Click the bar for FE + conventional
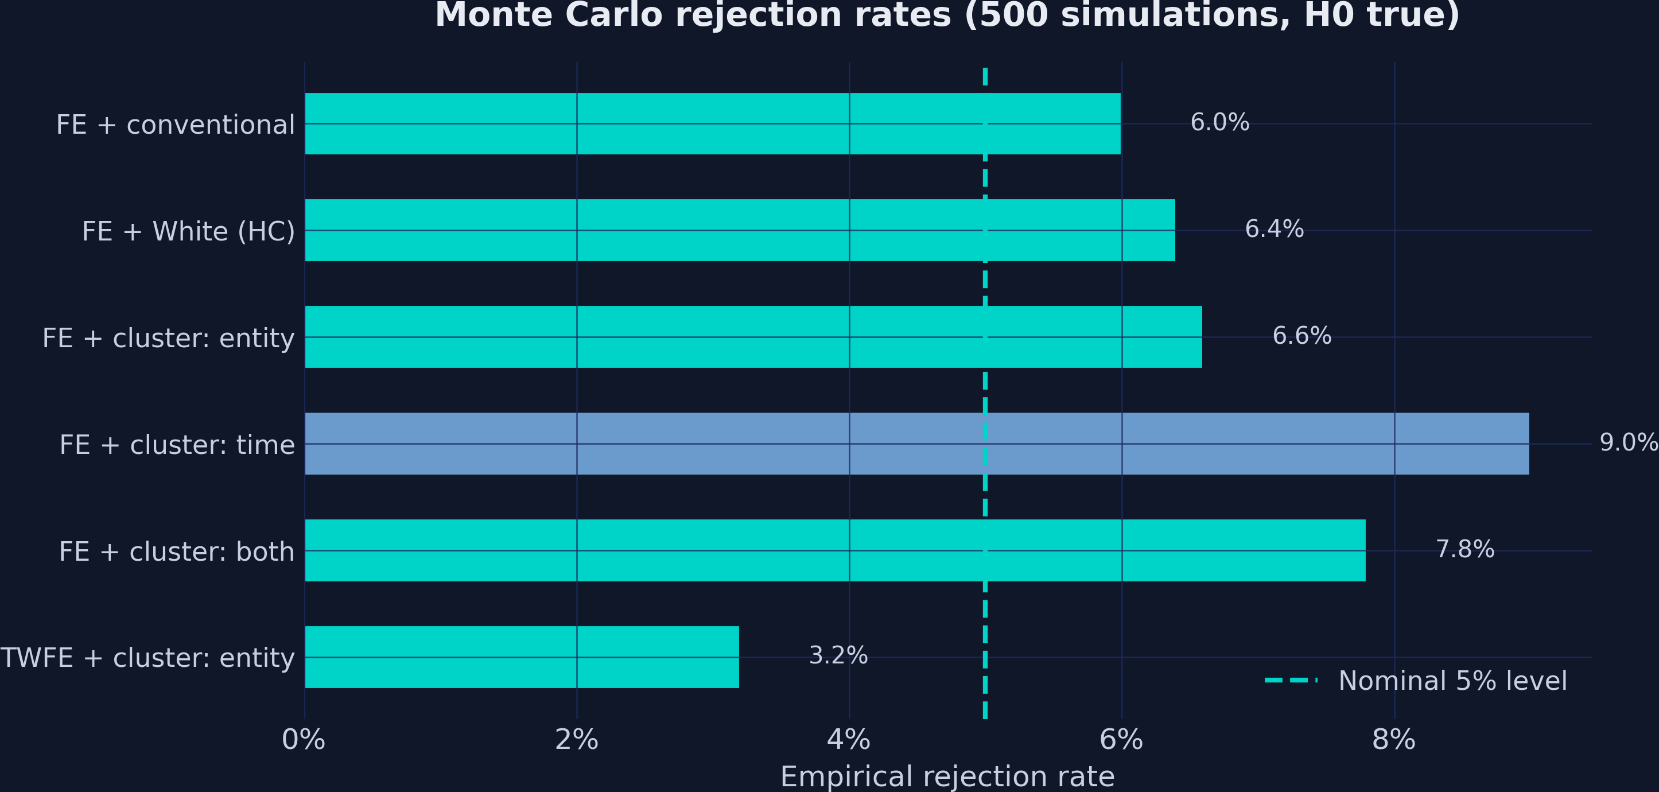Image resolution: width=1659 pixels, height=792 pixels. (x=712, y=123)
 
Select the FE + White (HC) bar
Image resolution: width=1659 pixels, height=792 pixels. (x=739, y=230)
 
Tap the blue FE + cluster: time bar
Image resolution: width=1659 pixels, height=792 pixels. (x=916, y=444)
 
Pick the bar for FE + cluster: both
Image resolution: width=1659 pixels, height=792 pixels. (x=834, y=550)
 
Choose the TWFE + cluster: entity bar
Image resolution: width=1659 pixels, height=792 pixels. (x=522, y=657)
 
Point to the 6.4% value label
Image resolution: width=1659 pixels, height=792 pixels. (x=1274, y=229)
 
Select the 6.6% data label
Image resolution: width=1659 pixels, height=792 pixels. (x=1301, y=336)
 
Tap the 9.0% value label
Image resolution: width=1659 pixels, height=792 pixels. (x=1628, y=443)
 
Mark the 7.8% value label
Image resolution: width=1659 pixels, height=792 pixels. (x=1464, y=549)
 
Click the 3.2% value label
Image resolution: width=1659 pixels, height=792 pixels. (x=838, y=655)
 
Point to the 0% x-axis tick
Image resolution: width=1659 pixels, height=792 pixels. (x=304, y=740)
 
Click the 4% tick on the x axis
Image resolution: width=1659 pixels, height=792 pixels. (x=849, y=740)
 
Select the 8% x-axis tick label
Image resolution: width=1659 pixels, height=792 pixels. (x=1394, y=740)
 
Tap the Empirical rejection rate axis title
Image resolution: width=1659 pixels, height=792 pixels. (x=947, y=777)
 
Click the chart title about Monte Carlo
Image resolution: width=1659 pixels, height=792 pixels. (x=947, y=15)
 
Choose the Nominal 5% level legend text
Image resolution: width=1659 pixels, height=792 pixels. (x=1452, y=681)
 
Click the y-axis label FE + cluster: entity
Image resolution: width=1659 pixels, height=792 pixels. (x=168, y=339)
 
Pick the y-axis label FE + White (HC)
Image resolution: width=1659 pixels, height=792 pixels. (x=188, y=232)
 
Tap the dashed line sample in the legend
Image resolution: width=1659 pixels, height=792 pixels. (x=1291, y=680)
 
